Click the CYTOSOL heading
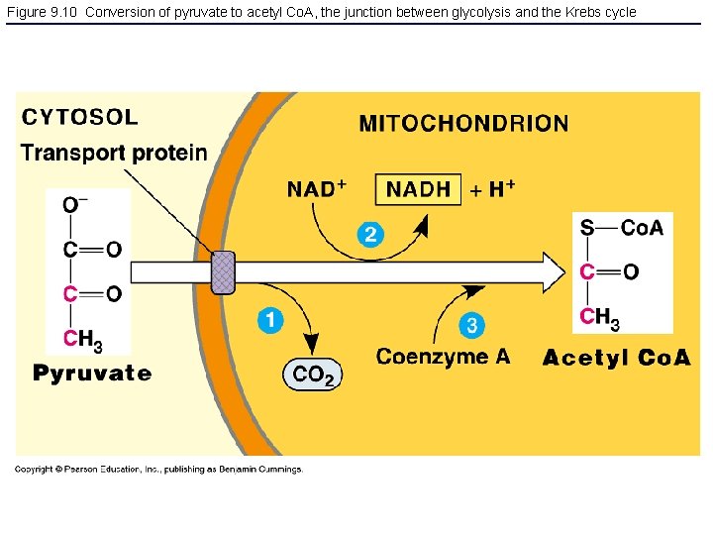80,117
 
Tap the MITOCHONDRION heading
463,124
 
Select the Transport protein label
114,153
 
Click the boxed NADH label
418,188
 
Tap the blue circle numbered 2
369,234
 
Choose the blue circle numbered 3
472,325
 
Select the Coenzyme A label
443,357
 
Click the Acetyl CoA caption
616,358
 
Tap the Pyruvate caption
92,374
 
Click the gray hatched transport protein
224,271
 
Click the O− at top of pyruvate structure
75,205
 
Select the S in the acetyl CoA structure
587,228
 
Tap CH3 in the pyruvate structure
83,339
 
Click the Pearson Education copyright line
158,470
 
